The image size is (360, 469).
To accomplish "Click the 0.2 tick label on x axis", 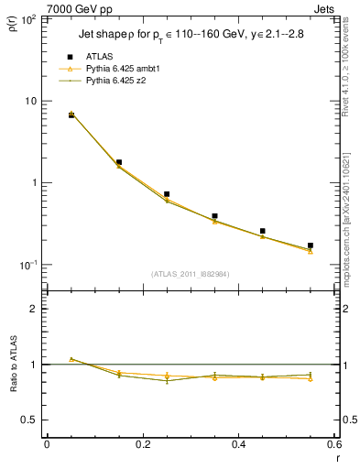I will pos(142,446).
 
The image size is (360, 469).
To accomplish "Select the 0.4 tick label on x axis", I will pos(238,446).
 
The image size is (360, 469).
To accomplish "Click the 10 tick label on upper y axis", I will pos(32,101).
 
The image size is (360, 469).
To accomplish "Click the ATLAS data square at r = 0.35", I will pos(214,216).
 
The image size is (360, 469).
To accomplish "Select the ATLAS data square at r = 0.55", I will pos(311,245).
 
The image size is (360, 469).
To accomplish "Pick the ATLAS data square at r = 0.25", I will pos(167,194).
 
